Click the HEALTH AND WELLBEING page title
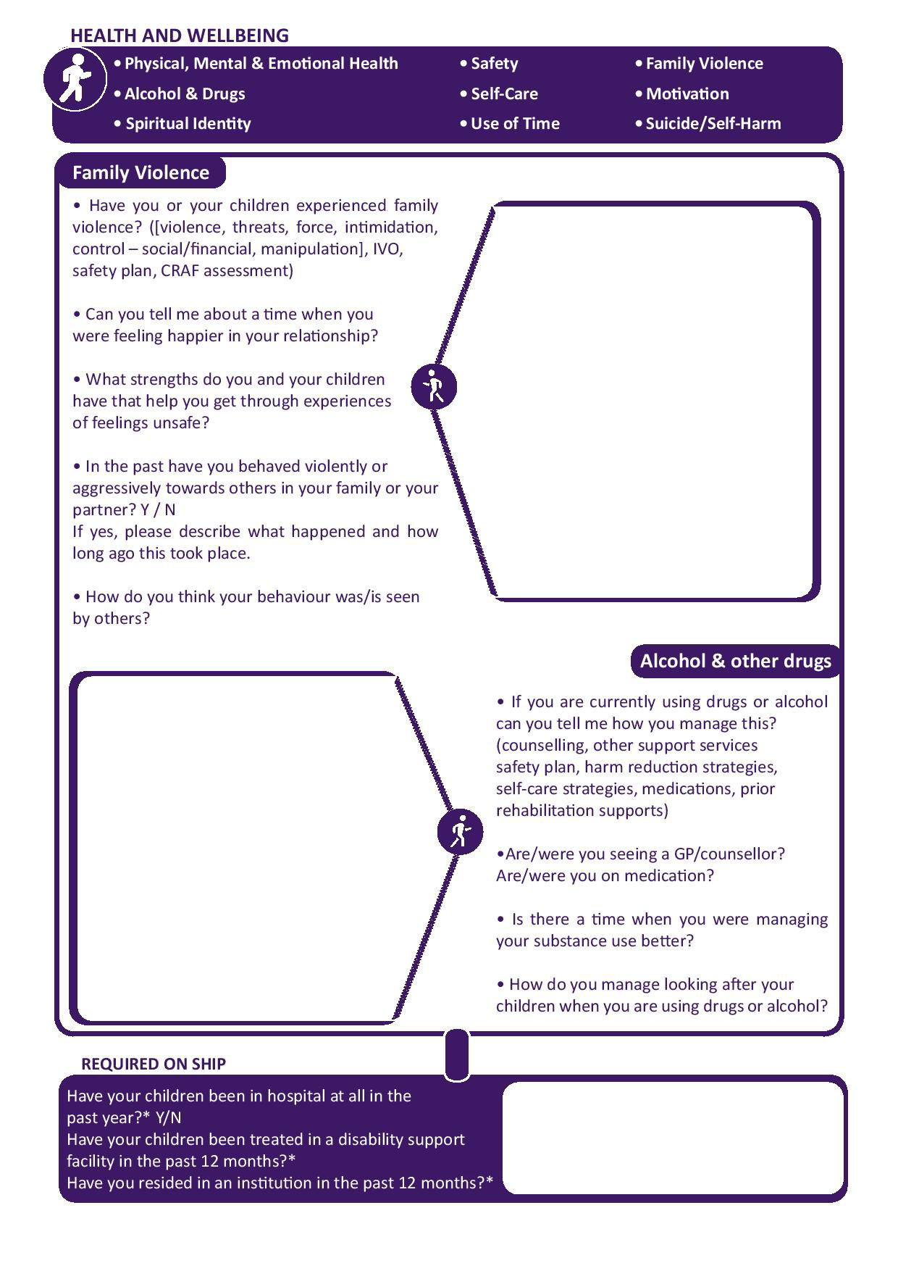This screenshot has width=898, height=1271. click(179, 36)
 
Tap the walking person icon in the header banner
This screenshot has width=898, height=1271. click(75, 78)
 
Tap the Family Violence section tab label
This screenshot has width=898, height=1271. click(140, 172)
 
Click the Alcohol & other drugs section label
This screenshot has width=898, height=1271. click(735, 661)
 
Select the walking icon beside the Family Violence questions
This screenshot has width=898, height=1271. click(434, 386)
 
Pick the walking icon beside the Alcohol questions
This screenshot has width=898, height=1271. click(460, 831)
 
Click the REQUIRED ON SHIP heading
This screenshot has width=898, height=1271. click(154, 1064)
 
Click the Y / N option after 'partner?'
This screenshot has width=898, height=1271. click(159, 510)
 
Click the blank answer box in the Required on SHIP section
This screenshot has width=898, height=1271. click(673, 1138)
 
